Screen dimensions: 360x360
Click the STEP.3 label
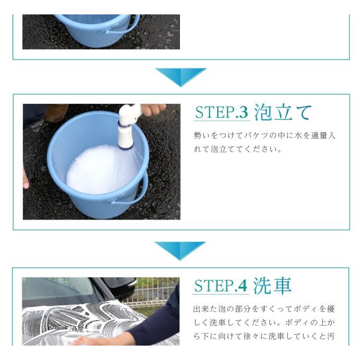click(221, 112)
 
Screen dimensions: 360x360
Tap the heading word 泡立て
click(283, 112)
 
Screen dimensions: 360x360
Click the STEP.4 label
click(221, 286)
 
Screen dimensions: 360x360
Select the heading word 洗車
click(272, 286)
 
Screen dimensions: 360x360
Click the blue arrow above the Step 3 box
click(181, 77)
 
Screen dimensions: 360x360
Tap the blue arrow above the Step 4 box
click(180, 250)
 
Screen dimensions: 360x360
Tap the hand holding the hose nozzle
click(153, 109)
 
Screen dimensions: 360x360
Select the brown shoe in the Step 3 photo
click(56, 113)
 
